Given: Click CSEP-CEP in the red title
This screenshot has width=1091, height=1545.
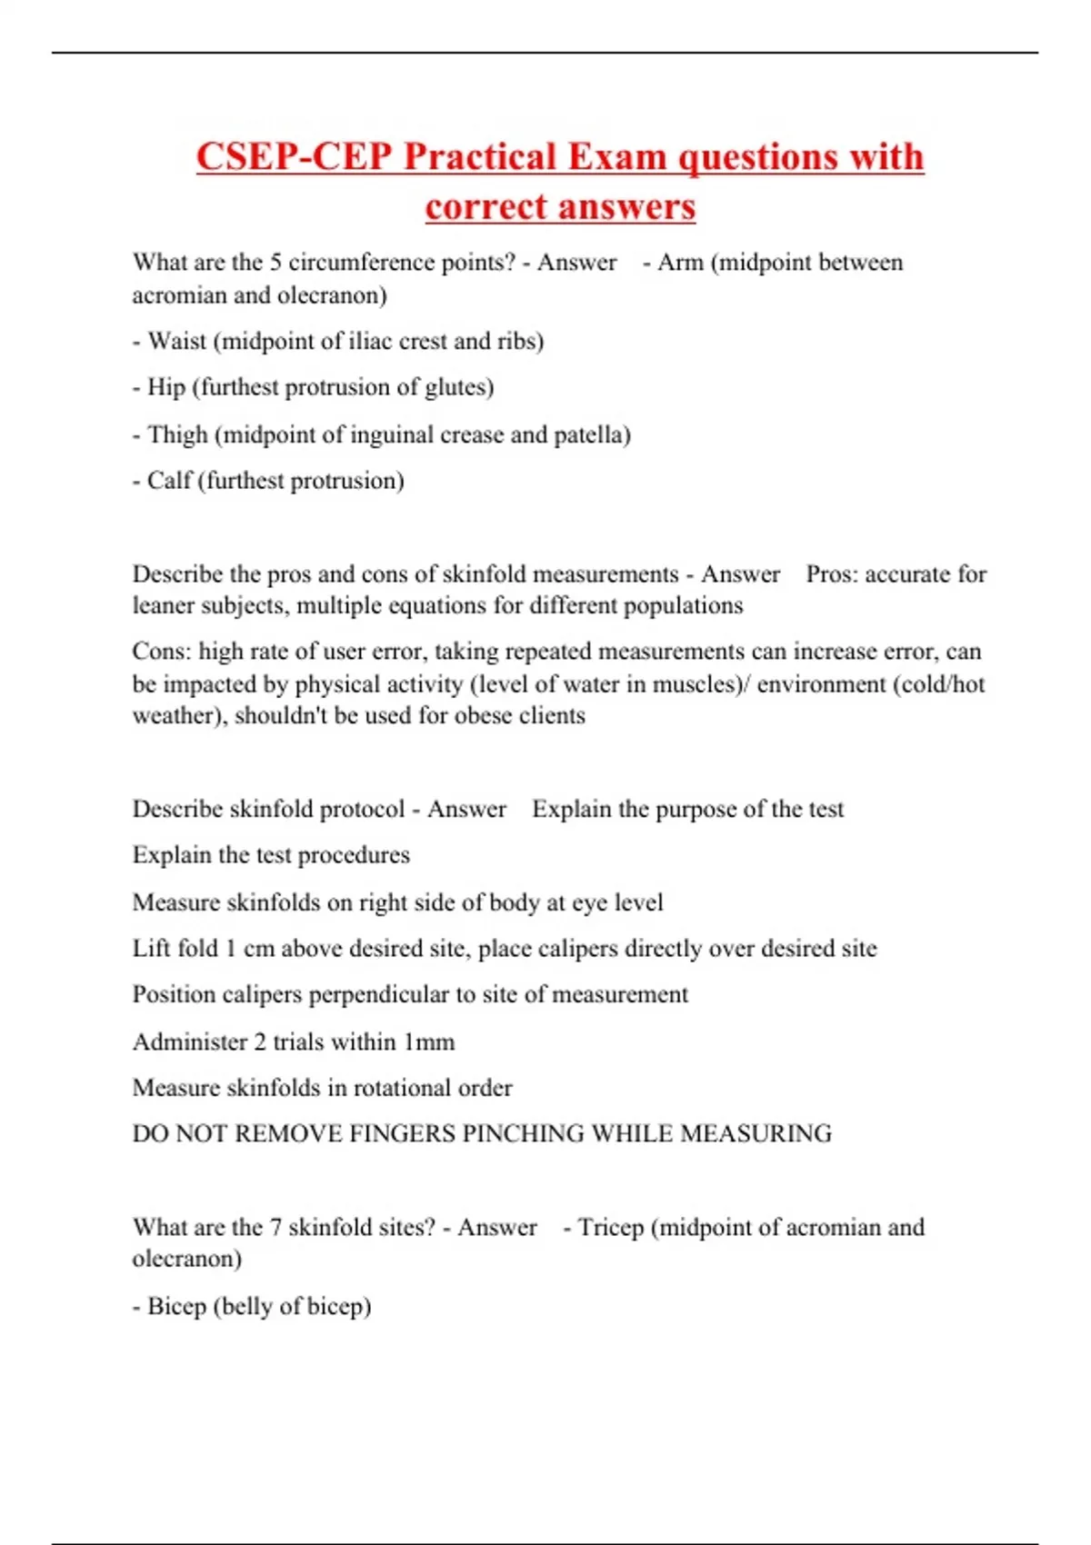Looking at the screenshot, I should point(294,157).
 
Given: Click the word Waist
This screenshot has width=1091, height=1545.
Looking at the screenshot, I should point(177,342).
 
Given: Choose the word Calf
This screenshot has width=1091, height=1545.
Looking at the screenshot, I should point(169,481).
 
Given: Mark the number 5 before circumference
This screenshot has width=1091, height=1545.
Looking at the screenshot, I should point(275,263).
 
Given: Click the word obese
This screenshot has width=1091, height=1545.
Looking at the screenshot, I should point(484,716).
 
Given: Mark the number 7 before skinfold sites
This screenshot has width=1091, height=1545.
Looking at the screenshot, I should point(275,1228).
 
